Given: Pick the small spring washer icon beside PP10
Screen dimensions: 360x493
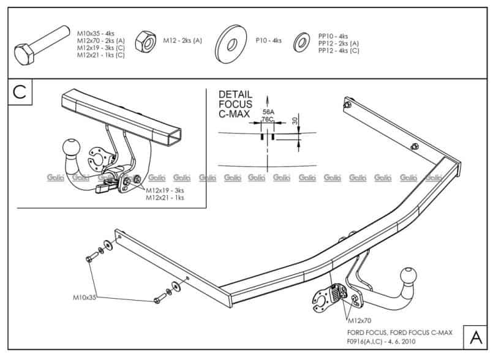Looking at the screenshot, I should point(302,41).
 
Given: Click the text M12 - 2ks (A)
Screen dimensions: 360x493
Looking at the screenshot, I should point(182,40).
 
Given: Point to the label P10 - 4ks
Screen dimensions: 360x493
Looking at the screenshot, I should point(268,40).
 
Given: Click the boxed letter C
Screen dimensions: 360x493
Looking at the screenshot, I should point(19,92).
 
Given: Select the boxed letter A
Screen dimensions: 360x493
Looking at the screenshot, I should point(475,337).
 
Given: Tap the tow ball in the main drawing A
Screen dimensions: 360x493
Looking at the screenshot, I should point(408,276).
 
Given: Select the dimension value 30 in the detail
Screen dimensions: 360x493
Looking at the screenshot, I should point(295,121).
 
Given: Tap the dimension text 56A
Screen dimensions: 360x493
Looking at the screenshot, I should point(268,112).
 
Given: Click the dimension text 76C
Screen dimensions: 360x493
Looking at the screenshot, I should point(268,120).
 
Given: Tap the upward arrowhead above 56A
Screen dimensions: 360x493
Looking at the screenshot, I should point(268,98).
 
